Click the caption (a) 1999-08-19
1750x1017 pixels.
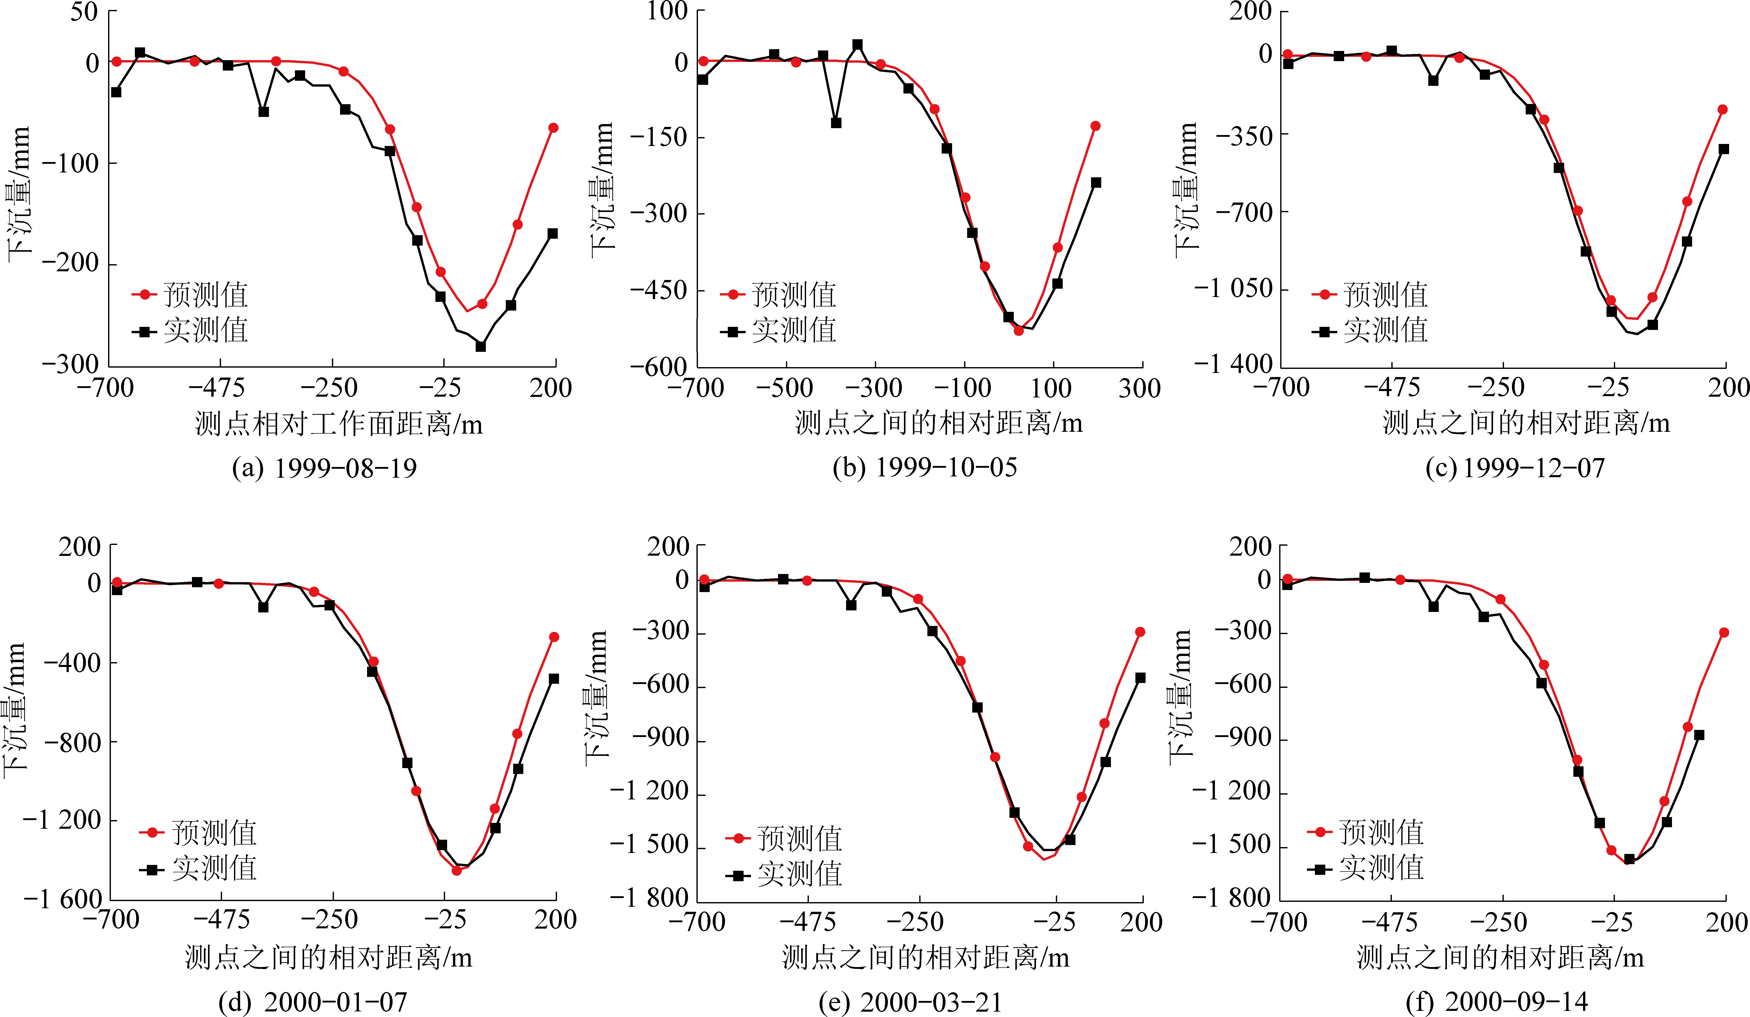pyautogui.click(x=324, y=469)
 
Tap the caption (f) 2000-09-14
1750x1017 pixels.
pyautogui.click(x=1497, y=1002)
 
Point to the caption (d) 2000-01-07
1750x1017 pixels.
pyautogui.click(x=313, y=1002)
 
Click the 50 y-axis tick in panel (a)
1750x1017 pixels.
pyautogui.click(x=83, y=12)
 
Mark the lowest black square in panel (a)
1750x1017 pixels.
pyautogui.click(x=481, y=346)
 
